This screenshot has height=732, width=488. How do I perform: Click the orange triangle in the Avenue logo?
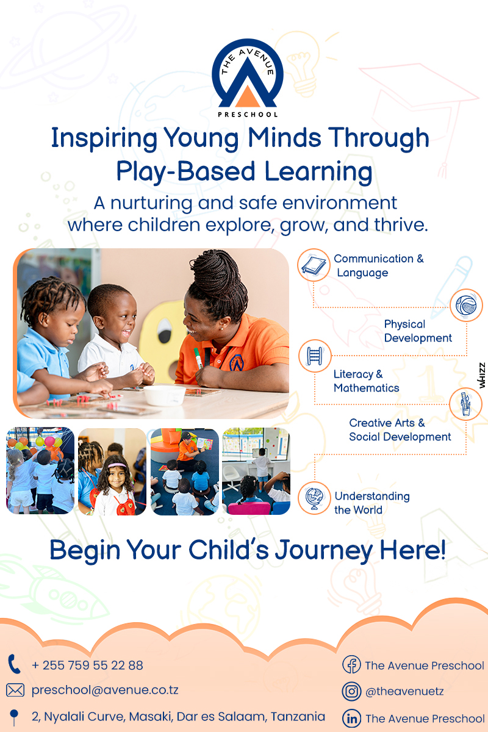248,97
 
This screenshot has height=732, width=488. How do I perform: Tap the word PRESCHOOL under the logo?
248,115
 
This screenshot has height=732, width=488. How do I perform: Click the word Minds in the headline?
284,138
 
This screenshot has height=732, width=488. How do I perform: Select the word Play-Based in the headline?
185,171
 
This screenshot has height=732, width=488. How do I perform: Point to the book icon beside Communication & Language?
314,265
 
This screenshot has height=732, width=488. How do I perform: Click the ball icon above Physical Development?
466,305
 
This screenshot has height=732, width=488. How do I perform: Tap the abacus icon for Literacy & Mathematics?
315,356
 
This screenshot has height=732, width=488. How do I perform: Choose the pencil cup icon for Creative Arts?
465,404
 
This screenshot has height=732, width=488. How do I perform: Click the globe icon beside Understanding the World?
314,498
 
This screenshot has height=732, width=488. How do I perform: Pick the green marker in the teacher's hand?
198,358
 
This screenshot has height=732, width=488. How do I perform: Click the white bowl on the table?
165,395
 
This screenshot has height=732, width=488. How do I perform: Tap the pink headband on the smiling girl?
117,465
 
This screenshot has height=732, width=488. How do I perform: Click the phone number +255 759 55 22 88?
87,666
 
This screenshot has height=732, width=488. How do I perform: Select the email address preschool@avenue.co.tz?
105,690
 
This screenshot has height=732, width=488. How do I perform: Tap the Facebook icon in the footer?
351,664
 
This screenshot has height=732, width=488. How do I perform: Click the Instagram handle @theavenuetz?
404,692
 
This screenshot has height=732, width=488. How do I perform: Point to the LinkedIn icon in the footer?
352,719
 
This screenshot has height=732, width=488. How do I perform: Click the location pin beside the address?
14,717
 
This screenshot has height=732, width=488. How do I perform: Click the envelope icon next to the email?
15,690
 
